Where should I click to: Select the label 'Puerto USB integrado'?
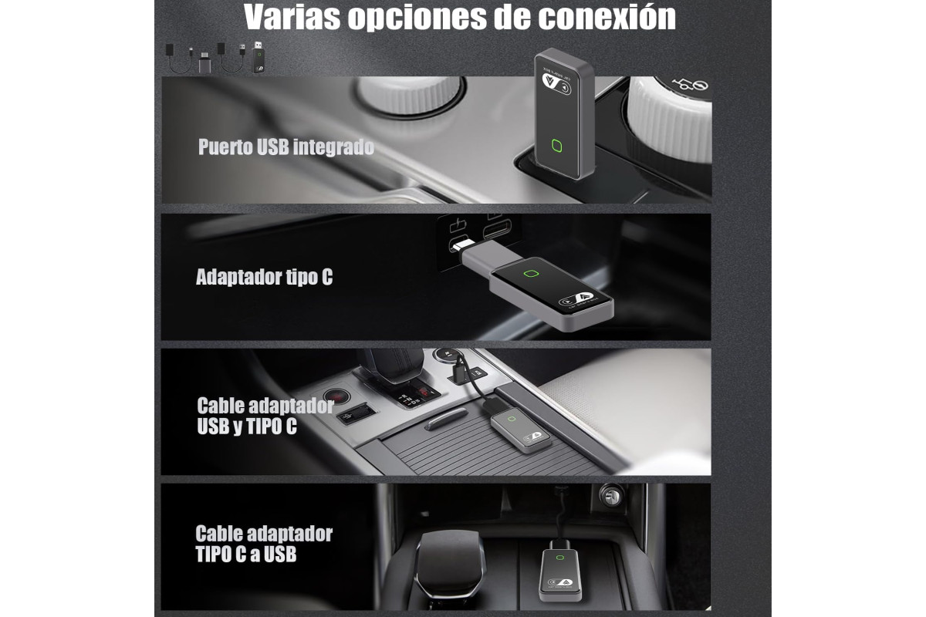(x=286, y=147)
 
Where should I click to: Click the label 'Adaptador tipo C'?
(x=264, y=277)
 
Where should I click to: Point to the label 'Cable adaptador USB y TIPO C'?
(x=265, y=416)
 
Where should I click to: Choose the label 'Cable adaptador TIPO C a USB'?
(x=264, y=544)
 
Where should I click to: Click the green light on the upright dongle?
(x=557, y=146)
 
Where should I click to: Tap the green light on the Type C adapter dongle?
(x=531, y=274)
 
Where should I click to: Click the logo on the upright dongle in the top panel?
(x=556, y=84)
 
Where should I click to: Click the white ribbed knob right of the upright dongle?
(x=669, y=120)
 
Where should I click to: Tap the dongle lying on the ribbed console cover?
(x=520, y=430)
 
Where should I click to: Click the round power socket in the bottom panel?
(x=611, y=495)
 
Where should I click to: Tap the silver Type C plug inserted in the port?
(x=458, y=246)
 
